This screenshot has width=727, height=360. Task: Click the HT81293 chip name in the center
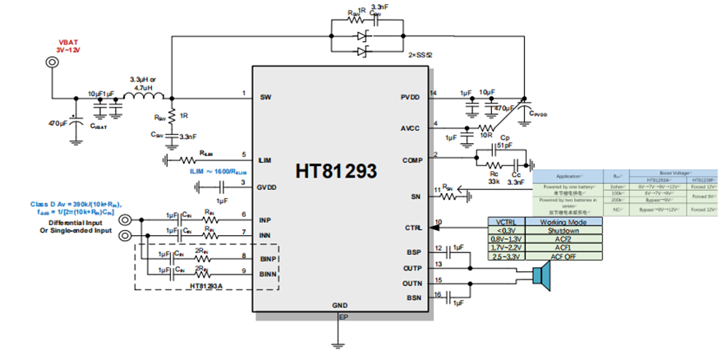(x=337, y=172)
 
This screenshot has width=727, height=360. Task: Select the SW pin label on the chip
(x=265, y=96)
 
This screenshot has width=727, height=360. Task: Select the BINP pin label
(x=268, y=258)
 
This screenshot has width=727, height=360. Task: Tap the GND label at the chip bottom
(x=340, y=305)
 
